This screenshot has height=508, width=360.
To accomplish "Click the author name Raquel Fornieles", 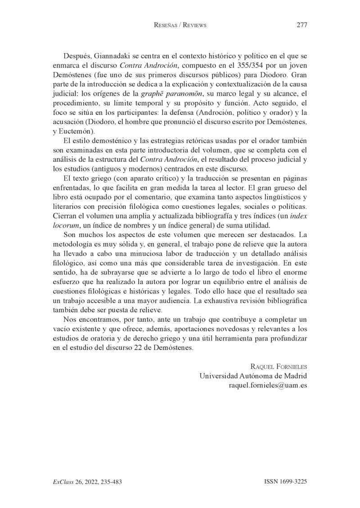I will point(278,367).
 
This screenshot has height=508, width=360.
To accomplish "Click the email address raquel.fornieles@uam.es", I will point(268,386).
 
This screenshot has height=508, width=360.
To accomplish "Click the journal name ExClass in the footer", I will point(62,481).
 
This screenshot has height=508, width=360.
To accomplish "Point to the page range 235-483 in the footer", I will point(109,481).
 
